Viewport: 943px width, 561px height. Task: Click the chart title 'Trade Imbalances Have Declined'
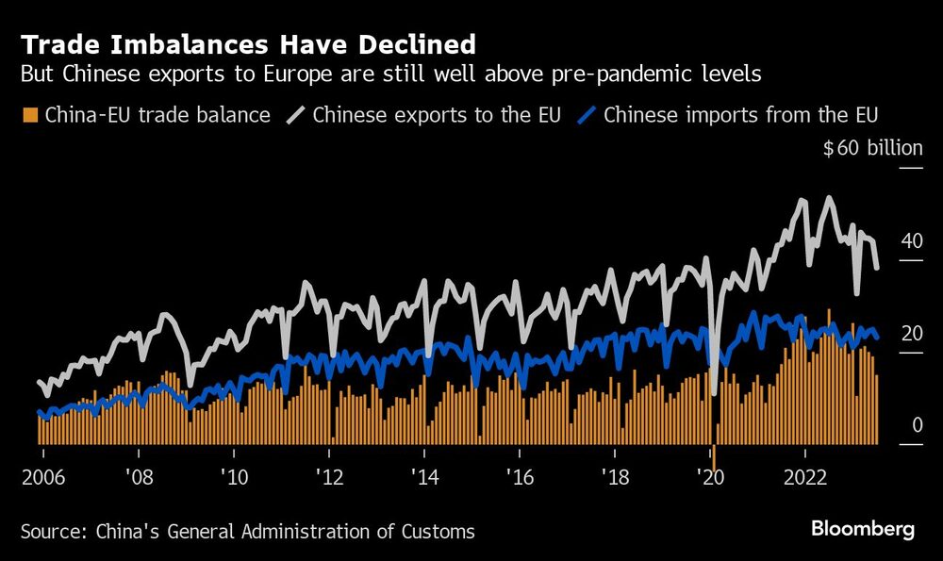coord(247,43)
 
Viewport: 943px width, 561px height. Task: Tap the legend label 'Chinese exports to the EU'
coord(437,116)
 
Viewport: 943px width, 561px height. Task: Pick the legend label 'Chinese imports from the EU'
coord(740,116)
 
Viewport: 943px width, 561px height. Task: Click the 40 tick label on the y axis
coord(911,240)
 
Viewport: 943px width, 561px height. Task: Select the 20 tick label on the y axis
coord(911,333)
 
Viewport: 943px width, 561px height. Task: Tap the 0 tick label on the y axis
coord(917,425)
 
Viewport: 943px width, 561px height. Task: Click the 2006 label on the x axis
coord(41,475)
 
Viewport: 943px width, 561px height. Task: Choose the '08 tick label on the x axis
coord(139,475)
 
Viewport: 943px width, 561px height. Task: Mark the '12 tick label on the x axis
coord(329,475)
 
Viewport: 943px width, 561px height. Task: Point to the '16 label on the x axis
coord(520,475)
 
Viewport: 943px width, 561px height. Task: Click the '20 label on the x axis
coord(710,475)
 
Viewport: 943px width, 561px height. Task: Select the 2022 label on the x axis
coord(806,475)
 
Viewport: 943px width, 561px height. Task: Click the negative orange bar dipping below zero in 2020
coord(715,456)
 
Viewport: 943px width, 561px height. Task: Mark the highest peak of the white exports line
coord(828,198)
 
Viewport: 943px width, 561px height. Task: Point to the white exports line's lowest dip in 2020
coord(715,390)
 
